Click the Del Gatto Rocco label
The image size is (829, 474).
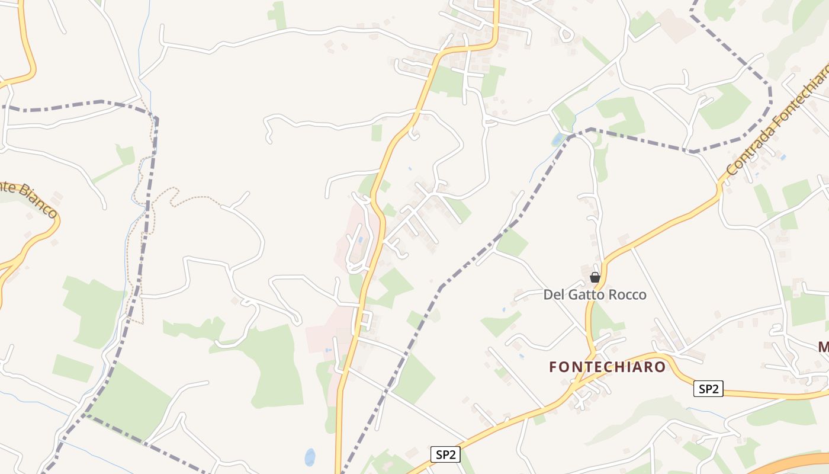[595, 294]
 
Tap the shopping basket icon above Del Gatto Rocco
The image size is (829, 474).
[595, 277]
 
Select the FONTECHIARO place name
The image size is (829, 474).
[607, 367]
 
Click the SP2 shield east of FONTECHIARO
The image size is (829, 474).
[708, 389]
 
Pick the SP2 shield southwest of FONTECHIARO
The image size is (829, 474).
[445, 454]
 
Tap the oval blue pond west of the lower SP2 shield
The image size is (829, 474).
[310, 457]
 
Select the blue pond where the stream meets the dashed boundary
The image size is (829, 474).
[558, 139]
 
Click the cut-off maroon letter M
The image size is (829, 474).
[823, 347]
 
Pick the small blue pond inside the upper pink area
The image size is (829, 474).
[359, 240]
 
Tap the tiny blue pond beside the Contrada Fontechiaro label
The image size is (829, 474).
[783, 158]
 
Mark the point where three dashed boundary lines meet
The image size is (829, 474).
[155, 118]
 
